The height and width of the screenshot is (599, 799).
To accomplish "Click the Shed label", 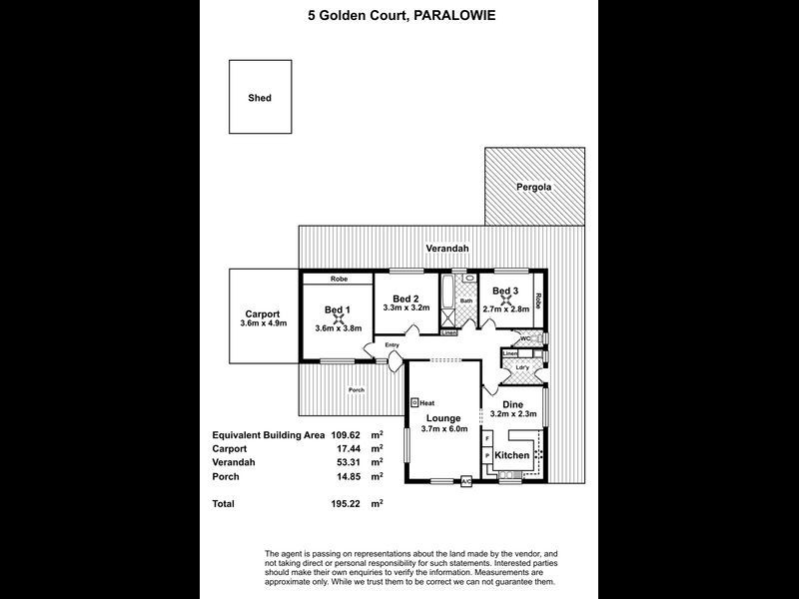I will coord(260,98).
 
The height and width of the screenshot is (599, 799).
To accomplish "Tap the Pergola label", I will coord(534,187).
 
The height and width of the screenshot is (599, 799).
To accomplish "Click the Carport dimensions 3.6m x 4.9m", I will coord(264,323).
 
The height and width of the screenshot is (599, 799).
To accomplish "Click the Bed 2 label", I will coord(404,299).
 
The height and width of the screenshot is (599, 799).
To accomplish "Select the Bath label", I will coord(465,300).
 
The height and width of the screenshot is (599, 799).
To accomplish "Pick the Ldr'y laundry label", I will coord(521,368).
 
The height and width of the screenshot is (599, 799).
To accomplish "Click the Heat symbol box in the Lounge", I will coord(414,402).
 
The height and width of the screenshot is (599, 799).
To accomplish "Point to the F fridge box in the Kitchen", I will coord(487,438).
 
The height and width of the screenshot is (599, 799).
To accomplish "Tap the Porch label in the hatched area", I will coord(355,389).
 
